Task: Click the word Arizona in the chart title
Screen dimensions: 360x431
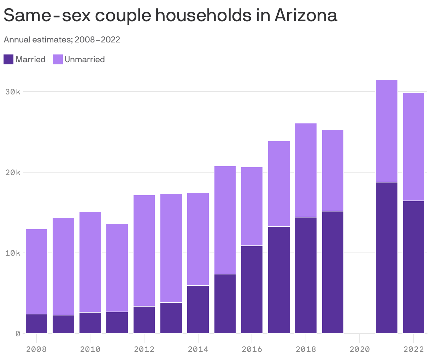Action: [306, 15]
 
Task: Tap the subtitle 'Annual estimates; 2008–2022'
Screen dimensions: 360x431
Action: [62, 40]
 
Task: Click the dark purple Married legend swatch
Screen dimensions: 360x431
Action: [8, 59]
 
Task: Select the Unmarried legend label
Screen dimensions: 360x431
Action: [84, 59]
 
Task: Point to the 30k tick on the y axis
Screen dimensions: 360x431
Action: [13, 92]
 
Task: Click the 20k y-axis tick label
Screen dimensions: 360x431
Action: [13, 173]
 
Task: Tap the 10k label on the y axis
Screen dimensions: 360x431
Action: [13, 253]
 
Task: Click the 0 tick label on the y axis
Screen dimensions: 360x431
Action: [18, 333]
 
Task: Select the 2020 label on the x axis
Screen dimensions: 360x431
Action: [360, 349]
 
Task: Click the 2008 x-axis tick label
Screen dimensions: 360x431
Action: [36, 349]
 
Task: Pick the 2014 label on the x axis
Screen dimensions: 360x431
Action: [198, 349]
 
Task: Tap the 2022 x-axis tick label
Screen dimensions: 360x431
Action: [413, 349]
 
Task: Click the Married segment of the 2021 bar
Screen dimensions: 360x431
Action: [386, 258]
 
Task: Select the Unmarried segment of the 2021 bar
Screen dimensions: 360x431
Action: [386, 131]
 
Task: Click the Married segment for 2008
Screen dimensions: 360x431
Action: [36, 324]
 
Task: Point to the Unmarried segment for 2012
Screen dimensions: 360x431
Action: [144, 250]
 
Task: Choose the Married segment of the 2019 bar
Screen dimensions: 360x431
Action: [333, 272]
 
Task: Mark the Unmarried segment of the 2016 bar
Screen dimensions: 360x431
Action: [252, 206]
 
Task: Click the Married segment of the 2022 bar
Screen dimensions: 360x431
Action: [413, 267]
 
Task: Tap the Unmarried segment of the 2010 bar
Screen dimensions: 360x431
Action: [90, 262]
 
